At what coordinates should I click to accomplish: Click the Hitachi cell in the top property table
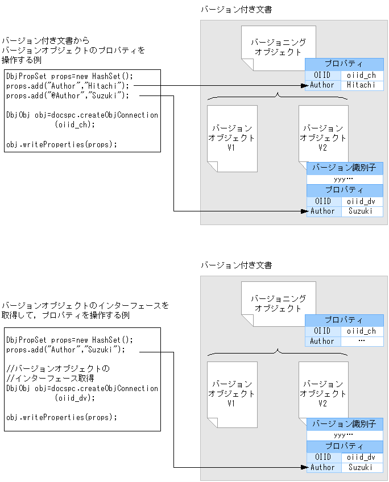coord(362,85)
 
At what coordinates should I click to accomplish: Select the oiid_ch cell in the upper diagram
coord(362,75)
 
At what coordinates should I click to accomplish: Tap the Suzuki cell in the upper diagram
coord(361,211)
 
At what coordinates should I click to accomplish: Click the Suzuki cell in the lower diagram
coord(361,467)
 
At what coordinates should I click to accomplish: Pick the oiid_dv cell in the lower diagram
coord(361,457)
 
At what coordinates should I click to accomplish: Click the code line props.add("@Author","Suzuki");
coord(68,95)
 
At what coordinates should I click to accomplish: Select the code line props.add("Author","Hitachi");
coord(68,85)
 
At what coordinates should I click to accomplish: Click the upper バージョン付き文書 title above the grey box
coord(236,10)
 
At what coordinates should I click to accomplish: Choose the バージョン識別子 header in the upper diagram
coord(345,168)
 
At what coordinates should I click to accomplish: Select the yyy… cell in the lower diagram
coord(345,434)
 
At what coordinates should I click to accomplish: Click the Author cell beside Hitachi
coord(322,85)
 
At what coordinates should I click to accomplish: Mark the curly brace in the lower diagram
coord(278,353)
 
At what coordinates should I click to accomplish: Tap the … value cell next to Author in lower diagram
coord(362,341)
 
